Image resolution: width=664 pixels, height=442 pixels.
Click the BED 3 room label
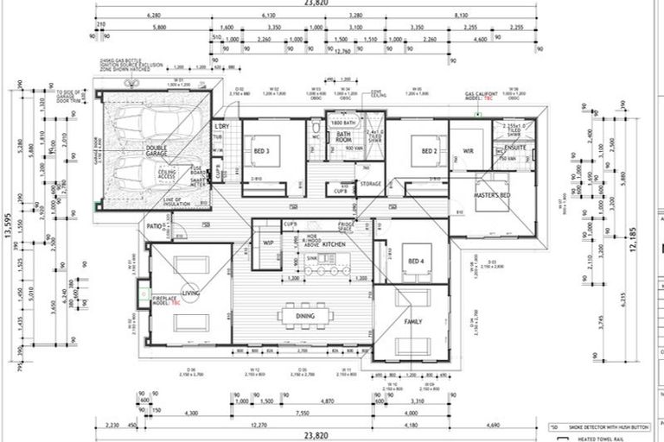pyautogui.click(x=262, y=151)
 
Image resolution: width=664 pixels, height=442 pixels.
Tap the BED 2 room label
pyautogui.click(x=429, y=151)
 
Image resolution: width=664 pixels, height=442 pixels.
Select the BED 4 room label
pyautogui.click(x=416, y=262)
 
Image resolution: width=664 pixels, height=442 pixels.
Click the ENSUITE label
pyautogui.click(x=514, y=148)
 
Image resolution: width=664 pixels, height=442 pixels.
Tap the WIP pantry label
pyautogui.click(x=268, y=243)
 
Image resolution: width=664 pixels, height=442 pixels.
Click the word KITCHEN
pyautogui.click(x=334, y=245)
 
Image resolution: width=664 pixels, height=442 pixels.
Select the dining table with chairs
pyautogui.click(x=306, y=317)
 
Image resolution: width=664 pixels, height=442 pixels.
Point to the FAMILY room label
pyautogui.click(x=414, y=321)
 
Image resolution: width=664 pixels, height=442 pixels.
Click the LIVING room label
pyautogui.click(x=189, y=294)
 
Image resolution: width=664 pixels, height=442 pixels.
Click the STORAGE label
pyautogui.click(x=370, y=184)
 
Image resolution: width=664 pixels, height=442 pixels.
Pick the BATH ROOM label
pyautogui.click(x=343, y=137)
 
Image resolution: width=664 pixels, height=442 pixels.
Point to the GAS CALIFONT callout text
pyautogui.click(x=482, y=94)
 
